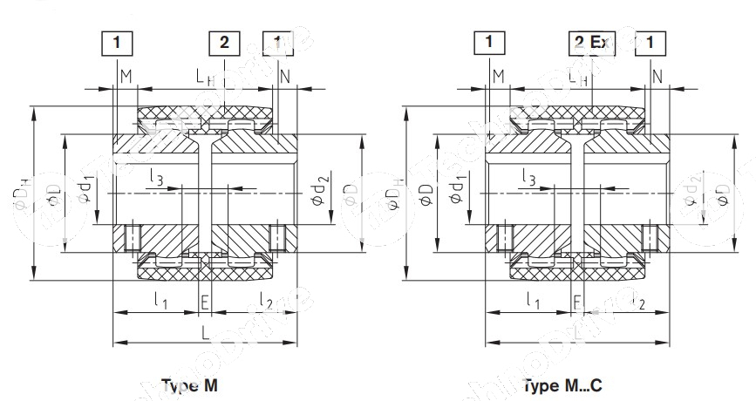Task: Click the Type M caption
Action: click(187, 384)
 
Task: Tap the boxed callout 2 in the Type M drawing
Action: click(224, 41)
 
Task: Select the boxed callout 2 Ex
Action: click(591, 41)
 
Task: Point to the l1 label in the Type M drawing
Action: click(162, 301)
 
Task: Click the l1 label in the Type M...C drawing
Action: click(534, 301)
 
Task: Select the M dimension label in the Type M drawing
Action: click(126, 78)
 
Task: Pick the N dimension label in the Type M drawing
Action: click(285, 78)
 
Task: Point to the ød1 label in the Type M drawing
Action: click(85, 188)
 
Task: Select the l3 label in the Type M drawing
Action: click(155, 179)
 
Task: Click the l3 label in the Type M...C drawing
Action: click(528, 179)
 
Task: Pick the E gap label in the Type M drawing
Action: click(205, 302)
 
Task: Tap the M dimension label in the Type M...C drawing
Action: click(498, 78)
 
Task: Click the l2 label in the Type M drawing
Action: click(265, 301)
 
